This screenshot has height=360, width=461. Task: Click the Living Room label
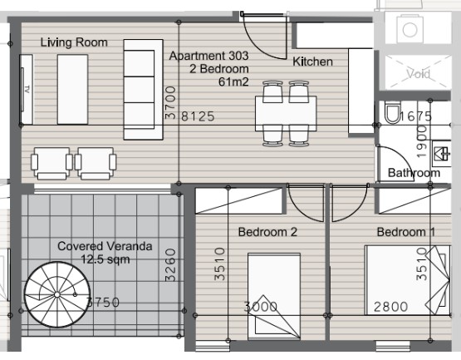74,42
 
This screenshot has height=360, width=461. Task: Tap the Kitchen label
312,62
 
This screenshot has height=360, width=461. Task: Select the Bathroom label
414,173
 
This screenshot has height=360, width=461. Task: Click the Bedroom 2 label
267,232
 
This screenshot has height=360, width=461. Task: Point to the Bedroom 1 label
405,232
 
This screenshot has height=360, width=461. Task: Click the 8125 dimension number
199,116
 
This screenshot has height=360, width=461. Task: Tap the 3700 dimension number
170,103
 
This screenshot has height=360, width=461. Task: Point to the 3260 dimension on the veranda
170,265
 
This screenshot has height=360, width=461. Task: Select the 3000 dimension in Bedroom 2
262,307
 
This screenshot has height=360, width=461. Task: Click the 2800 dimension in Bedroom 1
390,307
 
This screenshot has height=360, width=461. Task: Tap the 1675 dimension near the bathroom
416,116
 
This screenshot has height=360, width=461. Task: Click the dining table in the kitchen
286,111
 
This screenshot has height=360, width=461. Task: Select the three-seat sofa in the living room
139,89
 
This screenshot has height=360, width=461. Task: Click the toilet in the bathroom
394,112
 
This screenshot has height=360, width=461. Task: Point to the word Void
418,74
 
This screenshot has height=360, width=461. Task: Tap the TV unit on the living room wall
27,87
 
